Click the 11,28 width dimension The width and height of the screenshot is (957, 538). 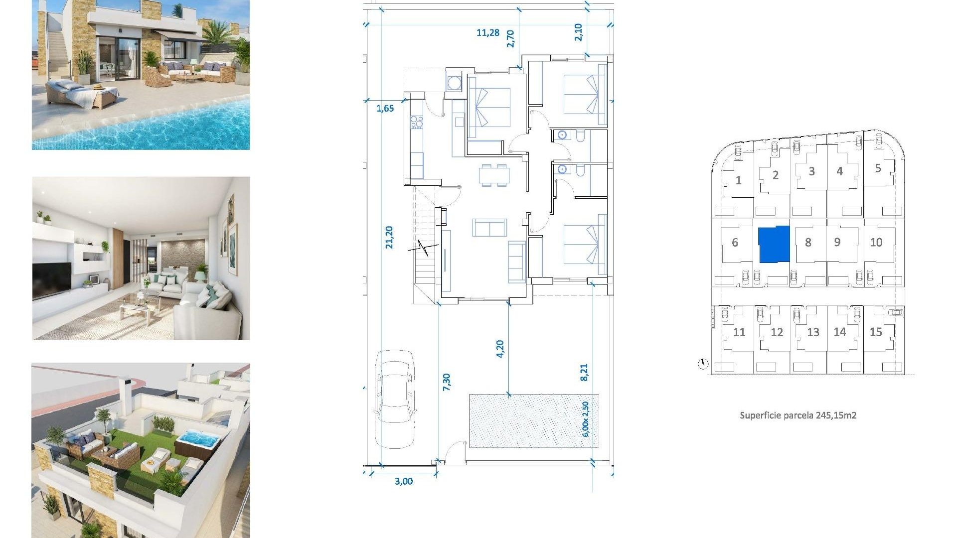[x=487, y=33]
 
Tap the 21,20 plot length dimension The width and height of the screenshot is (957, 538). [x=389, y=237]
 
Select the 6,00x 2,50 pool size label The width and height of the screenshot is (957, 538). [x=586, y=419]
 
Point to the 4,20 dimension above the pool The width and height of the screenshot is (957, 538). [x=500, y=349]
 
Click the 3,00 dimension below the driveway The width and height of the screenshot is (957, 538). [x=404, y=481]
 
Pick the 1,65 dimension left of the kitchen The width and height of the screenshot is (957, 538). [x=385, y=109]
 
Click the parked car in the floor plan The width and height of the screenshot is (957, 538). [x=395, y=399]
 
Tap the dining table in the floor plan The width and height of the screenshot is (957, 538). [x=494, y=175]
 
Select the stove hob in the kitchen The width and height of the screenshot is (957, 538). [x=417, y=122]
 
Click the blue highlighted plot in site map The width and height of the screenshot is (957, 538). [x=774, y=244]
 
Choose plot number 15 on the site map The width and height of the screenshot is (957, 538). [x=876, y=332]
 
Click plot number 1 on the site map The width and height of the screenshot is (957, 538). [x=738, y=180]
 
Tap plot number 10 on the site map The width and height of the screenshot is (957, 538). [x=876, y=243]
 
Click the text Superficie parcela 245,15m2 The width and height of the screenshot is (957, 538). [x=797, y=415]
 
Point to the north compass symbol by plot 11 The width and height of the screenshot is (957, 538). [x=703, y=364]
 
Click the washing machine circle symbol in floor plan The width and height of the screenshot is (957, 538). [x=454, y=83]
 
